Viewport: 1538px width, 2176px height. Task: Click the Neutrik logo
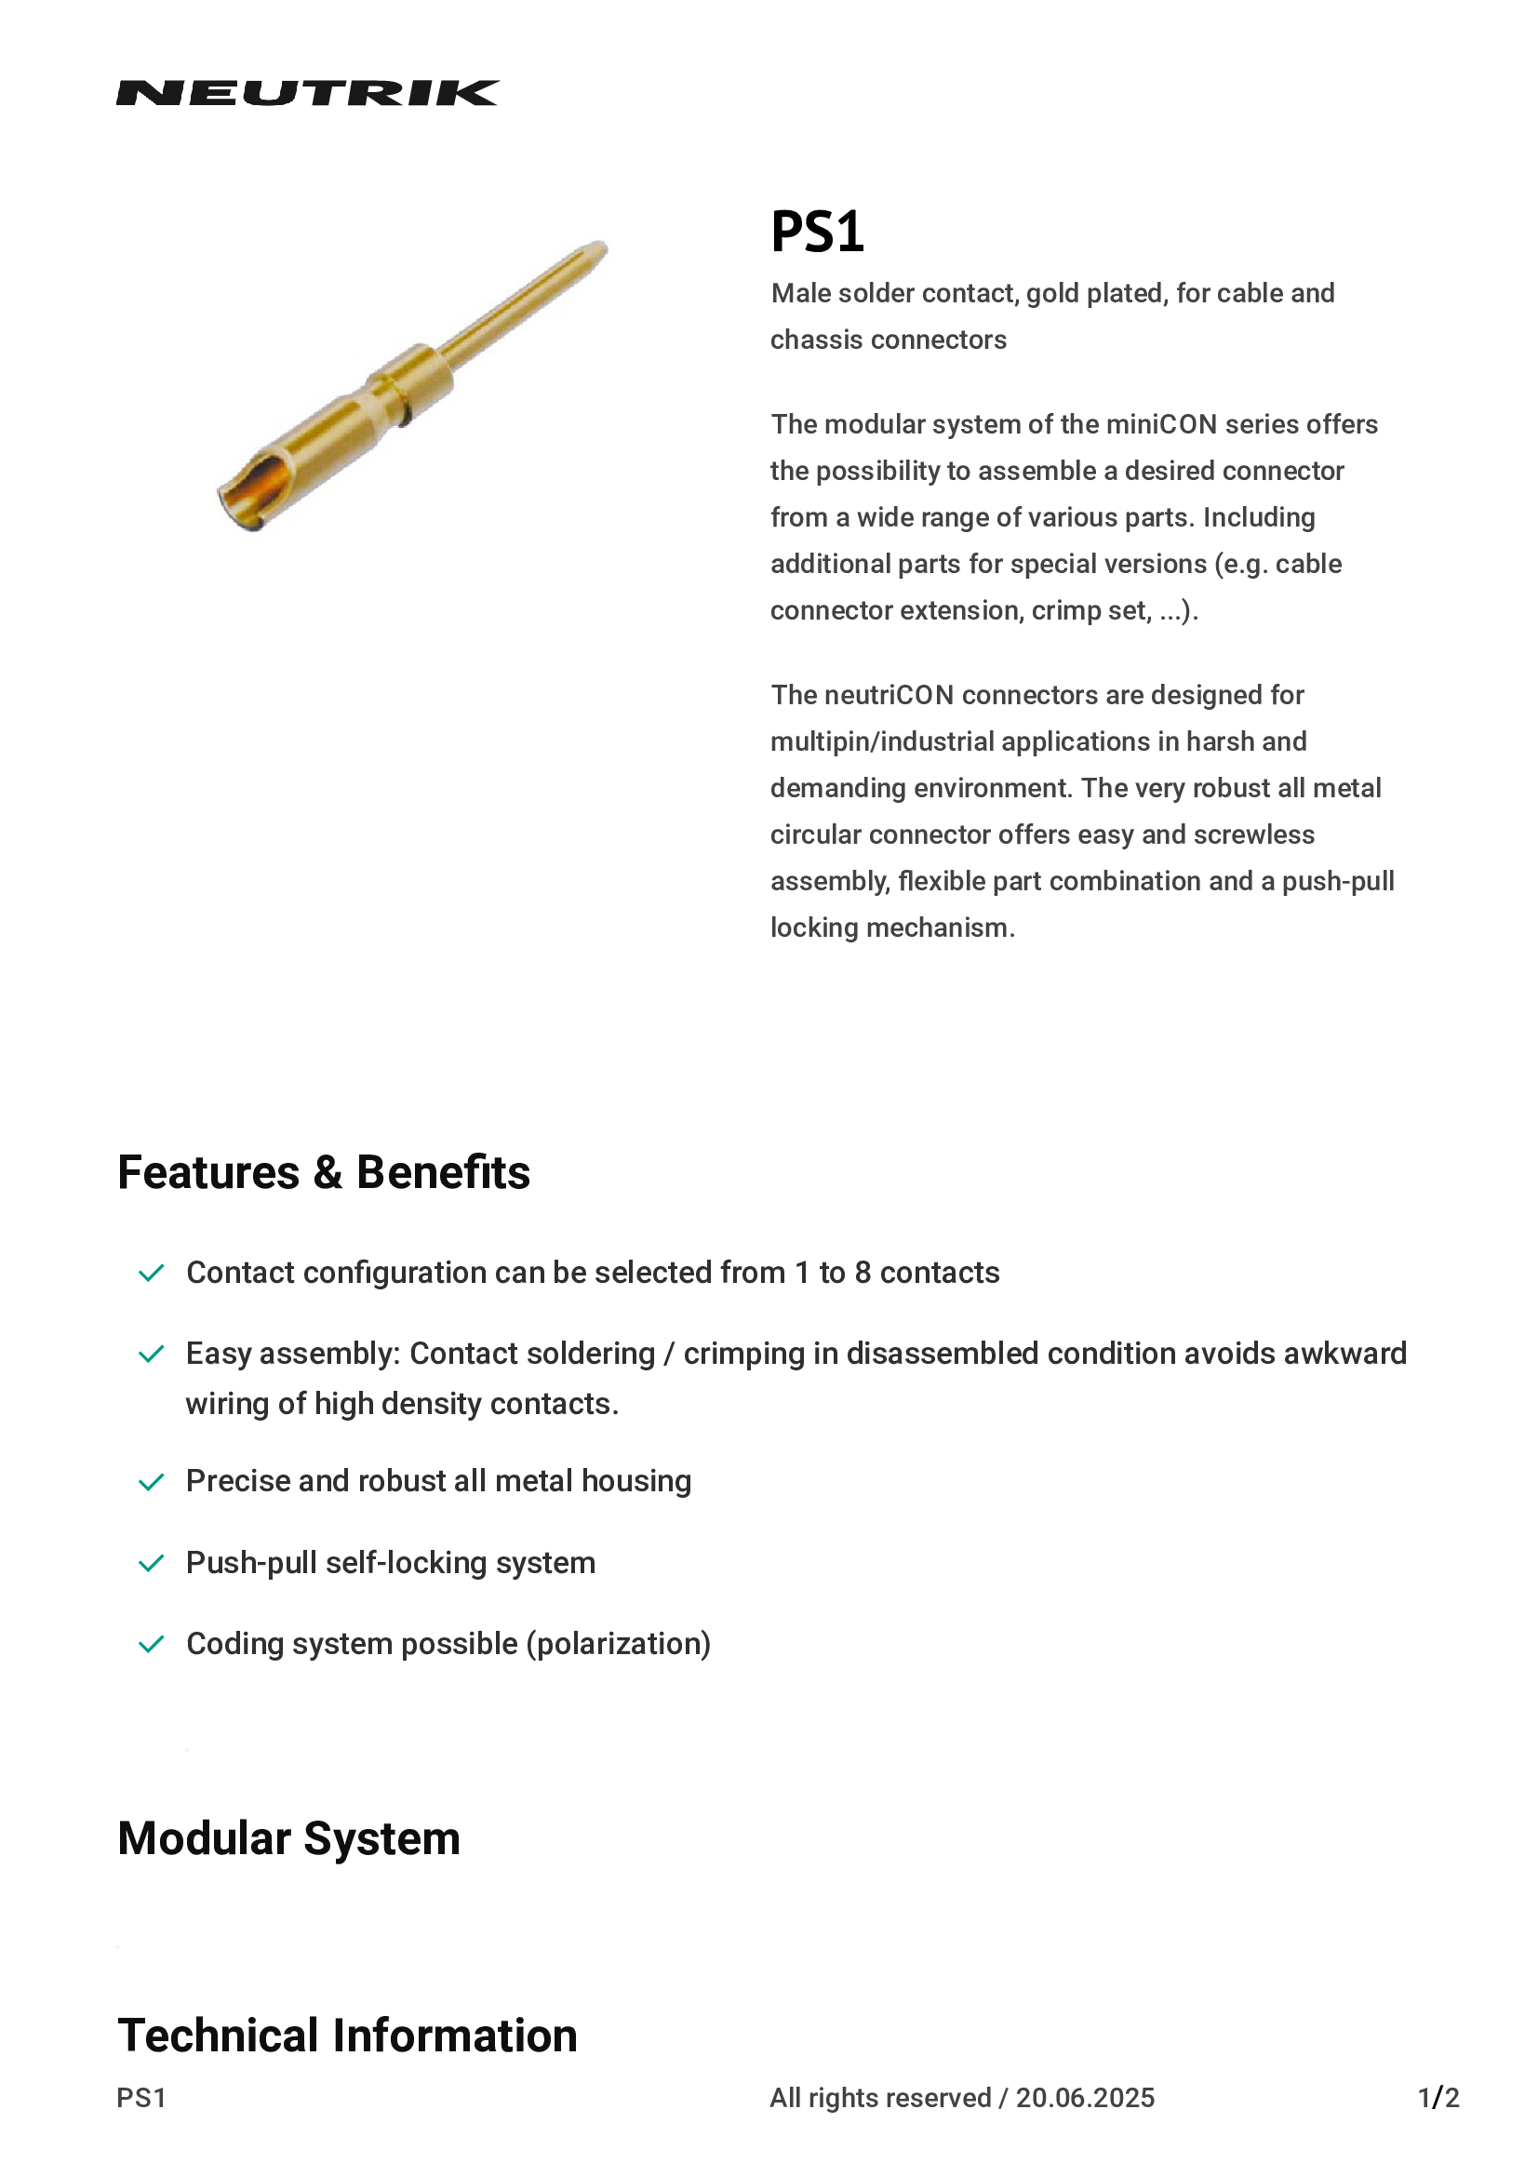(307, 93)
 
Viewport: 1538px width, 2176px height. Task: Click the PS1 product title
(817, 232)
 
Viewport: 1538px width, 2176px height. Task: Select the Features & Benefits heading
(323, 1172)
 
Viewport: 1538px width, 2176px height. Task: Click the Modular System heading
(288, 1838)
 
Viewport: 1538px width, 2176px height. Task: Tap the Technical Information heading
(347, 2036)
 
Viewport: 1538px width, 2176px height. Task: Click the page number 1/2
(1438, 2098)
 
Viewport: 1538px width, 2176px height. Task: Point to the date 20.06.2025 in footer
(1085, 2098)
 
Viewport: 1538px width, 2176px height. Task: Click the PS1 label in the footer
(141, 2098)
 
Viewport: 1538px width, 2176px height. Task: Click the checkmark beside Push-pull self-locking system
(152, 1564)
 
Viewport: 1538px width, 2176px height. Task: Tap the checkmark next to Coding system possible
(152, 1644)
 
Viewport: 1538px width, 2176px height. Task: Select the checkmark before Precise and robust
(152, 1482)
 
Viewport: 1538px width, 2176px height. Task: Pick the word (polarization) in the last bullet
(619, 1644)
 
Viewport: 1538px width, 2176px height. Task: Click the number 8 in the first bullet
(863, 1273)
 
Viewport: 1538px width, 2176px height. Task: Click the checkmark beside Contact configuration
(152, 1273)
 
